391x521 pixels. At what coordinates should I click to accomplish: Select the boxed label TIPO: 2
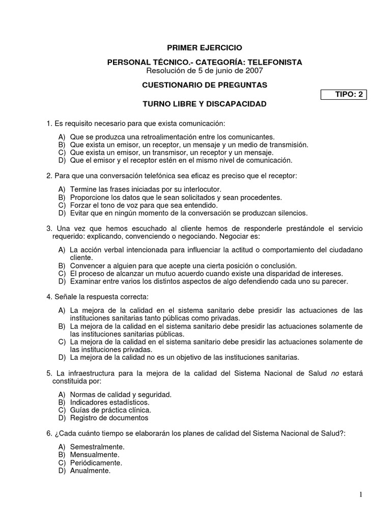[344, 94]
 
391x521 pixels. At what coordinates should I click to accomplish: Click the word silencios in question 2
[290, 213]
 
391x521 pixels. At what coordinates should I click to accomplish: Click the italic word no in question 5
[334, 373]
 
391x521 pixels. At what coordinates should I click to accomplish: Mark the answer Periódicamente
[96, 462]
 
